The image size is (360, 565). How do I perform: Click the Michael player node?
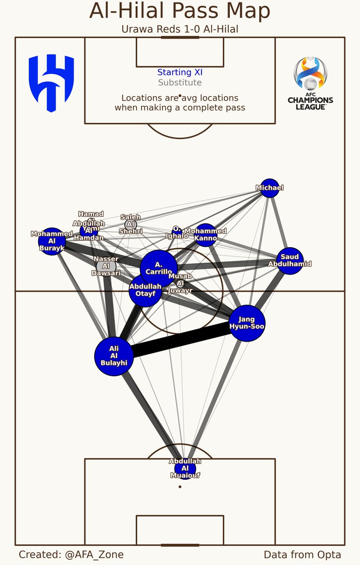(270, 188)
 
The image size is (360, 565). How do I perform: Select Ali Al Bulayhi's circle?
(114, 355)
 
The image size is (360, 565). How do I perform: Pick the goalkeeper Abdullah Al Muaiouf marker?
(185, 468)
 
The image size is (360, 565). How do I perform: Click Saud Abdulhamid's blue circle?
(290, 260)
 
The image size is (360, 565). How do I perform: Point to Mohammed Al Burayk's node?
(51, 242)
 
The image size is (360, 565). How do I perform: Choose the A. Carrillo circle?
(159, 268)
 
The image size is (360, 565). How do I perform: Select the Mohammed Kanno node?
(205, 235)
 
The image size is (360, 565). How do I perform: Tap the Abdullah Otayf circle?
(145, 291)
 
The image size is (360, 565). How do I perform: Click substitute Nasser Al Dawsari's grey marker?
(106, 266)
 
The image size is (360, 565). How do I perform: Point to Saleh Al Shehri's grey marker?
(131, 224)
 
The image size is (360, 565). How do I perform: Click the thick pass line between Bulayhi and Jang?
(181, 340)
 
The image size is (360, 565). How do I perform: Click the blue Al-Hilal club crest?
(51, 83)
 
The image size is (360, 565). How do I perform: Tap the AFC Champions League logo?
(310, 84)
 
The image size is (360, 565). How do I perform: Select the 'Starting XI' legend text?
(180, 73)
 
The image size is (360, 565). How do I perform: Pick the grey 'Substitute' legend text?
(180, 83)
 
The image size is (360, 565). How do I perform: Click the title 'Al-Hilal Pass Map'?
(180, 11)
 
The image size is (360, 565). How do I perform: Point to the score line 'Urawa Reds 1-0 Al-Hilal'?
(180, 29)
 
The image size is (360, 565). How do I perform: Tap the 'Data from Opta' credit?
(302, 555)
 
